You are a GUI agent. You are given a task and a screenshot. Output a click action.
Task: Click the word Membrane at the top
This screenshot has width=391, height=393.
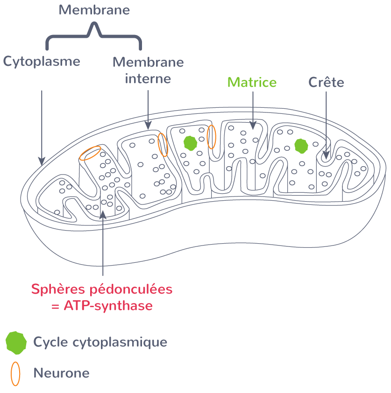pos(94,10)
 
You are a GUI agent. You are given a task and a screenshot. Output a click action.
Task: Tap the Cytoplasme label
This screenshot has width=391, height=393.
pos(42,62)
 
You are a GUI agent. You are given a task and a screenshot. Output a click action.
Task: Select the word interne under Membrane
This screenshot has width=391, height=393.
pos(148,78)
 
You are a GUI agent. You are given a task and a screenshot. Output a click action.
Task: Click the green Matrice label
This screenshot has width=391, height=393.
pos(252,83)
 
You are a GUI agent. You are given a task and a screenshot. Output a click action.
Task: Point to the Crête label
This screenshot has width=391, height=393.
pos(326,83)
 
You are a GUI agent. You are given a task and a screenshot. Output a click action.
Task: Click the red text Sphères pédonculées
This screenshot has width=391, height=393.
pos(102,289)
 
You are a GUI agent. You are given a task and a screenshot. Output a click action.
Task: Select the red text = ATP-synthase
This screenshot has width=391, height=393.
pos(102,306)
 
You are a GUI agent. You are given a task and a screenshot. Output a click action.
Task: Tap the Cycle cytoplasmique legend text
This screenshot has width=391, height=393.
pos(100,342)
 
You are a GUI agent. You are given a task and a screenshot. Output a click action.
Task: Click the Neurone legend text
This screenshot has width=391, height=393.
pos(61,373)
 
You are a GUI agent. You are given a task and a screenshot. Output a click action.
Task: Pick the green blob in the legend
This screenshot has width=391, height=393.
pos(16,342)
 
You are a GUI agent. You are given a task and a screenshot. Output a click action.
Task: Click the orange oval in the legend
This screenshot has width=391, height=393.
pos(16,373)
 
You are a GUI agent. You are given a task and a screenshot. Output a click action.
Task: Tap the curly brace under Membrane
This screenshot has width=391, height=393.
pos(93,37)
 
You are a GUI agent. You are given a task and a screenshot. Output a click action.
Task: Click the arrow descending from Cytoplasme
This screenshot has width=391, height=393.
pos(42,126)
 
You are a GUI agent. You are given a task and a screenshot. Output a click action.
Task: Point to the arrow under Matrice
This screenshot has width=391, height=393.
pos(253,110)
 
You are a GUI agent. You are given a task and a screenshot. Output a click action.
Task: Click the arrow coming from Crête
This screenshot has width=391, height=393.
pos(326,124)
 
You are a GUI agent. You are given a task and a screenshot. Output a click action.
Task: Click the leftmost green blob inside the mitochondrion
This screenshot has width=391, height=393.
pos(190,143)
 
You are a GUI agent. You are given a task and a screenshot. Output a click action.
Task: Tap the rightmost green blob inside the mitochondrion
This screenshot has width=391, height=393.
pos(301,146)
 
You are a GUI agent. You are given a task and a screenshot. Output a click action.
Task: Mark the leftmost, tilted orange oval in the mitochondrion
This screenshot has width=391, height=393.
pos(90,153)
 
